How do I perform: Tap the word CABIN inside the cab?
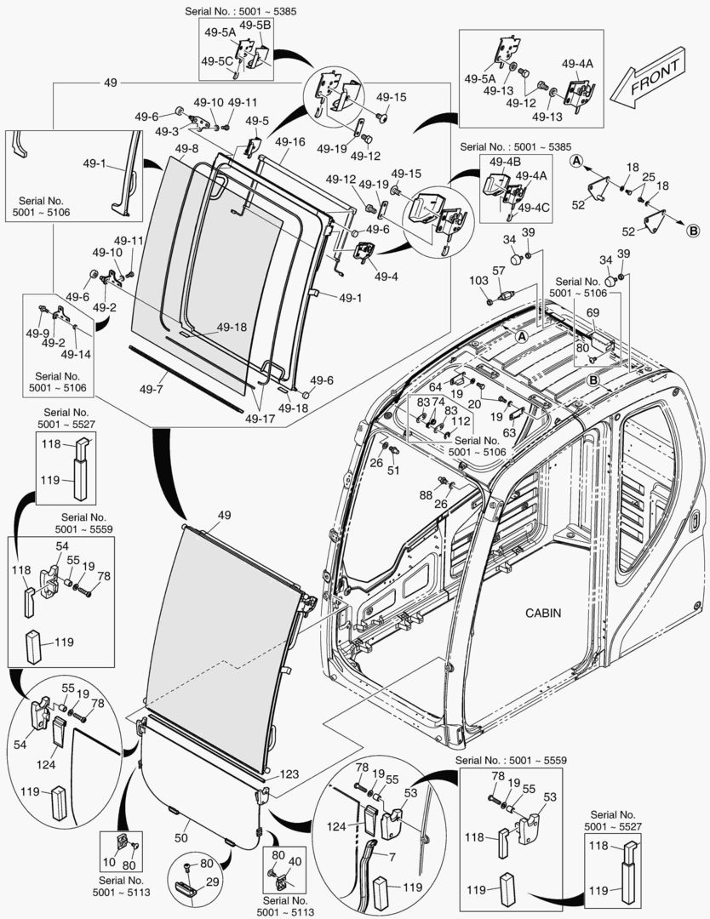543,613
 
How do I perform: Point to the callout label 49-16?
289,141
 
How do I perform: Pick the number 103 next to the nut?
478,280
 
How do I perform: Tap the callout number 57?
499,271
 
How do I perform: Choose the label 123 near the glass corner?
289,774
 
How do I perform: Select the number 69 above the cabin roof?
593,314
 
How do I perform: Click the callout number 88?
425,495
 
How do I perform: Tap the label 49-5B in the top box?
255,26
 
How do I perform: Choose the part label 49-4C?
534,208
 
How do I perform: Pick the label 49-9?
37,333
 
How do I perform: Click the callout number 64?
434,388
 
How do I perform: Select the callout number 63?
509,432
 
